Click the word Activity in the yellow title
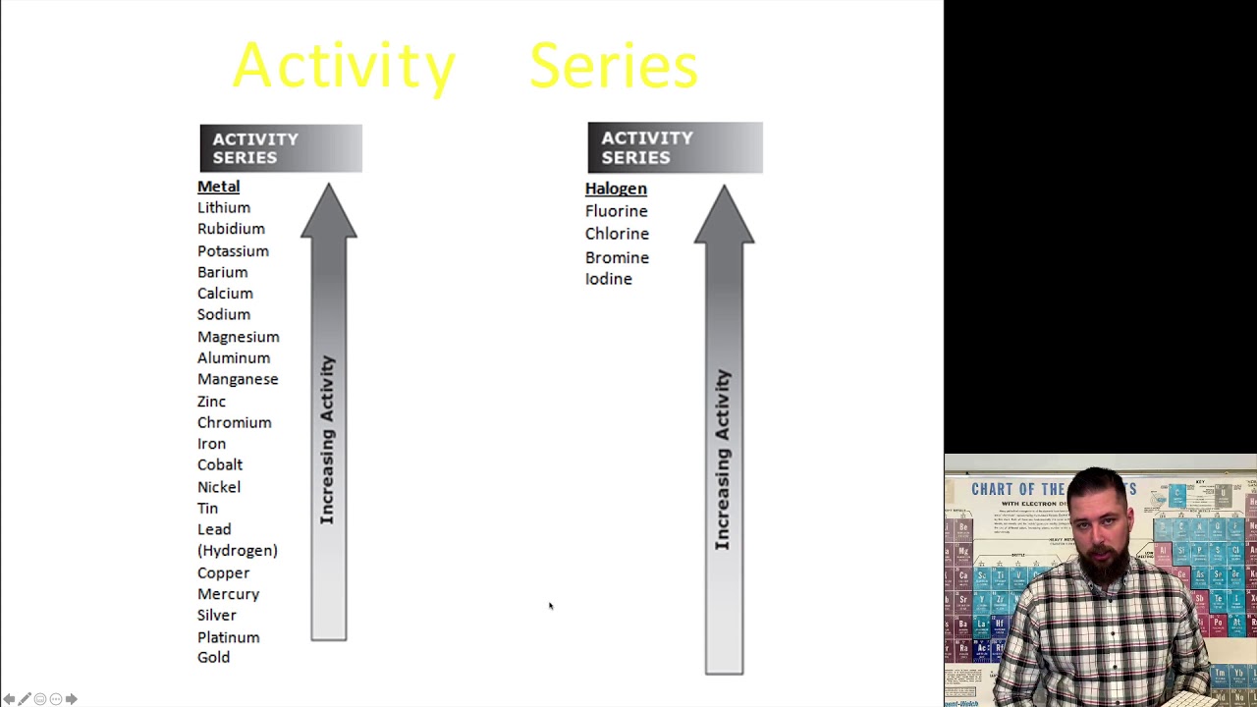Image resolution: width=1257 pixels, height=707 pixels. [x=344, y=66]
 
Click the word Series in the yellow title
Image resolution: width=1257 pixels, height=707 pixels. [x=613, y=66]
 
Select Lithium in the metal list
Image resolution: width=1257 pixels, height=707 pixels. [x=224, y=207]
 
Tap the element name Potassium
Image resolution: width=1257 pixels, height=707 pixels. [x=233, y=250]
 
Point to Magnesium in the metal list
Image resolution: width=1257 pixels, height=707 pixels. [x=238, y=337]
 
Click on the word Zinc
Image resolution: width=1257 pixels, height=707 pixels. [x=211, y=401]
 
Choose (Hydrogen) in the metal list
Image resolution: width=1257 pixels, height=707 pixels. [x=238, y=551]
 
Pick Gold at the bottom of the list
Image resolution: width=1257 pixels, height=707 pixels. [x=213, y=658]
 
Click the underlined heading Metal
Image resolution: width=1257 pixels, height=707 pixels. [x=218, y=187]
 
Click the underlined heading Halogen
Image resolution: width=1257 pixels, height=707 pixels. [x=616, y=189]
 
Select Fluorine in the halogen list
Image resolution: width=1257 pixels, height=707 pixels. [x=616, y=211]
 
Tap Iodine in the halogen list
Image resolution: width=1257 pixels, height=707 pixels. [x=608, y=279]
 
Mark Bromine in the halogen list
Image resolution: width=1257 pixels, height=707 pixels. [x=617, y=257]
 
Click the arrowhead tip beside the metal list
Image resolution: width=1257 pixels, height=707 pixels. [x=329, y=189]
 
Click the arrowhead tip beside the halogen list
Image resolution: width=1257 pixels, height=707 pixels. [x=724, y=190]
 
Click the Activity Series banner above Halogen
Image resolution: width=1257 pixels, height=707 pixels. [x=675, y=147]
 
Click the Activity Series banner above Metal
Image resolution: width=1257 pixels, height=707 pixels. [x=280, y=148]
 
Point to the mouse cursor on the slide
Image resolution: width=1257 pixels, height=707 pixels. [x=550, y=605]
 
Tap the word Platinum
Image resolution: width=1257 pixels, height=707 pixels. [x=228, y=637]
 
